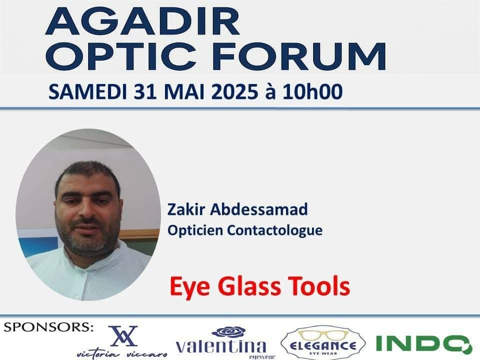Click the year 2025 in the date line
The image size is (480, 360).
[234, 91]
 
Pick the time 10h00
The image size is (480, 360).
[312, 91]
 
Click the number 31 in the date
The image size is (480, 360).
[145, 91]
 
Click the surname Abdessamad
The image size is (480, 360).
[258, 209]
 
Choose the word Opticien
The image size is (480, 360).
[195, 230]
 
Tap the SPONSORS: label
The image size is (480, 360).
[48, 327]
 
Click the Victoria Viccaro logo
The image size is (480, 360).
[122, 342]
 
